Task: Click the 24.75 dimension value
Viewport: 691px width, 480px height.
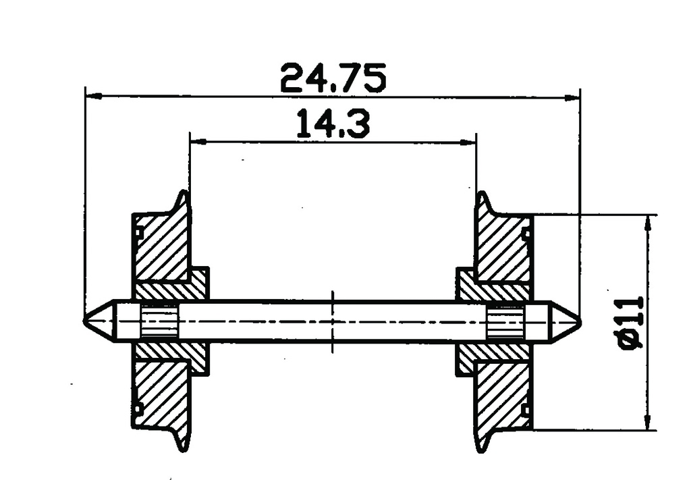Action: pyautogui.click(x=333, y=78)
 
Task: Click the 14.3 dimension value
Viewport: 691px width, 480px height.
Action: pyautogui.click(x=333, y=125)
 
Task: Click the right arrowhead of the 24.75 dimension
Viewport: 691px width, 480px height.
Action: pyautogui.click(x=573, y=97)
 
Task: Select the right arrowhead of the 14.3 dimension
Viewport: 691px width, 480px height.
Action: pyautogui.click(x=470, y=142)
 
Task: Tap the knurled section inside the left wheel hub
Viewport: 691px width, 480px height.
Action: pyautogui.click(x=159, y=321)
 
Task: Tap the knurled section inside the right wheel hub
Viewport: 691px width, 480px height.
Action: pyautogui.click(x=505, y=321)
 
